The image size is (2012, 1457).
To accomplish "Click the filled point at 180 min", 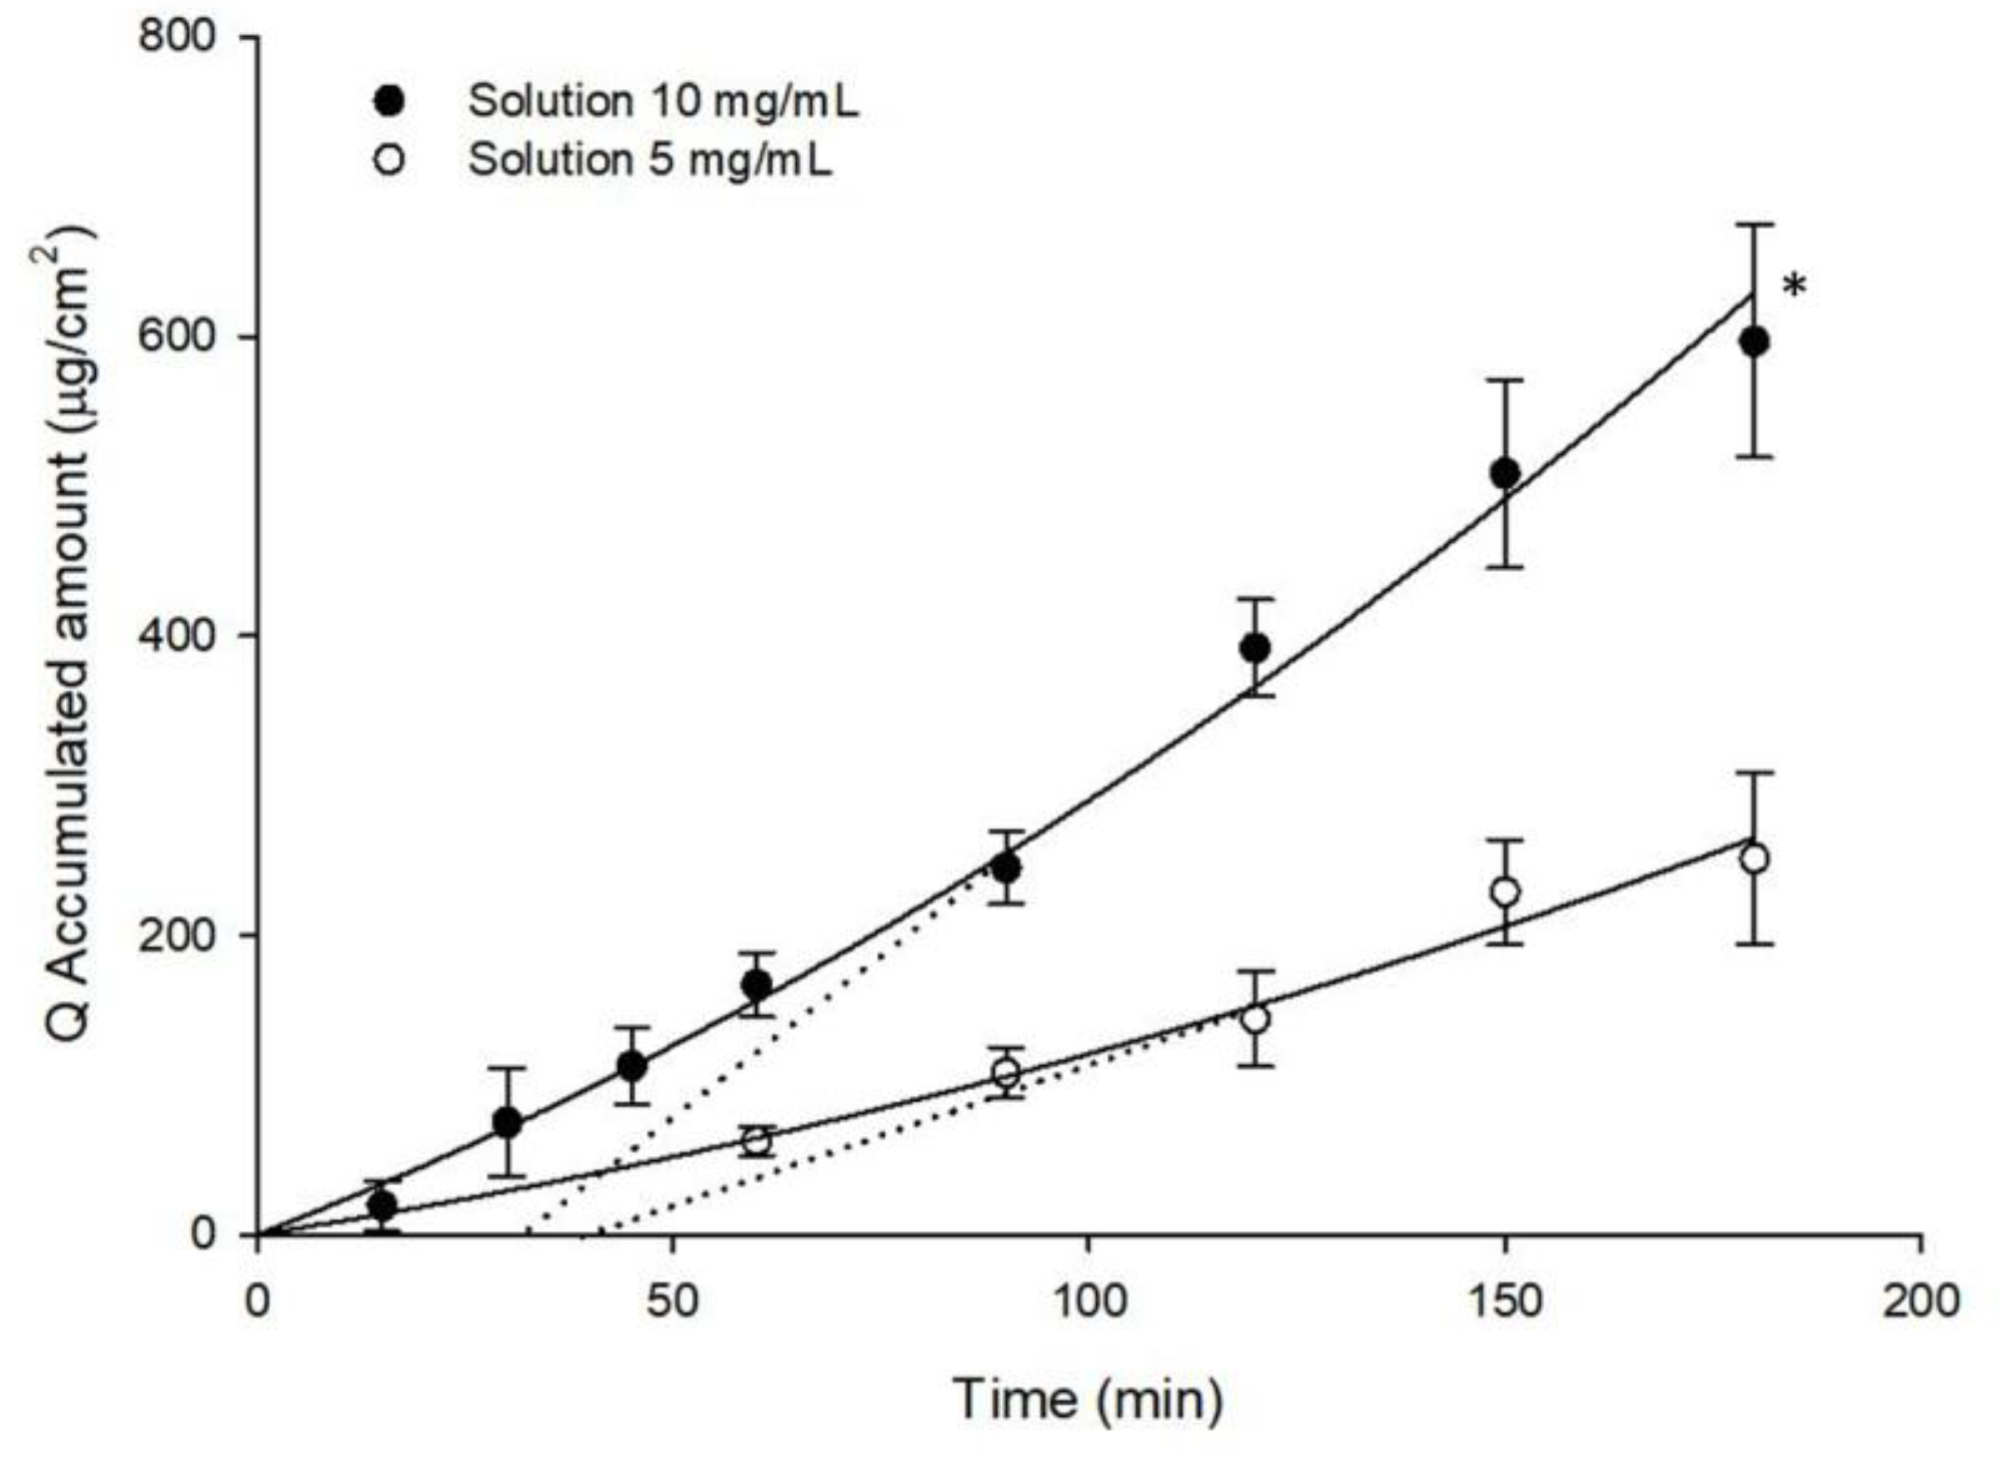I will point(1754,343).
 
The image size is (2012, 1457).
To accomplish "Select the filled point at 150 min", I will point(1505,473).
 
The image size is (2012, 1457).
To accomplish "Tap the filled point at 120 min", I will point(1255,648).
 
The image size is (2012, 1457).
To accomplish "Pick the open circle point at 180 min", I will point(1754,859).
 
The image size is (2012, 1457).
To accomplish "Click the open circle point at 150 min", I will point(1505,892).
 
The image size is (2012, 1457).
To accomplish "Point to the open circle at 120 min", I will point(1255,1019).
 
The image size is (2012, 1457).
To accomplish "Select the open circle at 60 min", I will point(757,1142).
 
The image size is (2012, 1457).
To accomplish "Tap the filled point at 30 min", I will point(507,1124).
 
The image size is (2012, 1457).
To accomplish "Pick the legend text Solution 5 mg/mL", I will point(650,161).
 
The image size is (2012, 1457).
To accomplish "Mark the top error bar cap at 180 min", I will point(1754,225).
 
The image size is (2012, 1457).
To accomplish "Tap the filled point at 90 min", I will point(1006,868).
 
